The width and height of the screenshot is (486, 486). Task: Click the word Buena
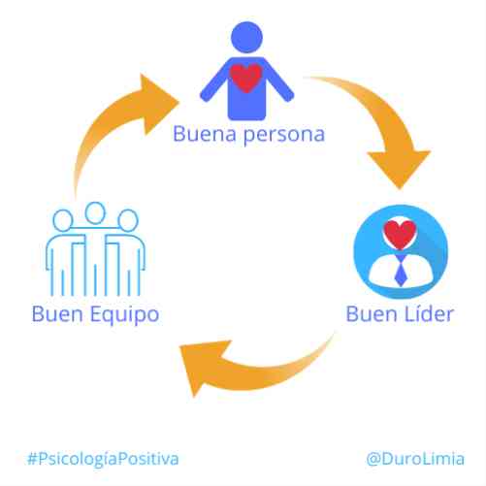pos(205,134)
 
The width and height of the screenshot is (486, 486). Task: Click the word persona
pos(284,136)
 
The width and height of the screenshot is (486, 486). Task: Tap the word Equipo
pos(125,314)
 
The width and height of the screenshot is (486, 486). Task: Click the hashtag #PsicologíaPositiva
pos(103,459)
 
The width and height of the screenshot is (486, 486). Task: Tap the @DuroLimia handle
pos(415,459)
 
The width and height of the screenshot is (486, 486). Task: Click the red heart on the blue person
pos(245,78)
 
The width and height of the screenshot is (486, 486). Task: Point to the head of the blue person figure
pos(246,37)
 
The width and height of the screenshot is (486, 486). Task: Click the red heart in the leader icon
pos(400,235)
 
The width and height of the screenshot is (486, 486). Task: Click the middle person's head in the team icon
pos(95,213)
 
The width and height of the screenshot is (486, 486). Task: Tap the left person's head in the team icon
pos(63,220)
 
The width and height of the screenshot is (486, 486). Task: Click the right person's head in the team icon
pos(128,220)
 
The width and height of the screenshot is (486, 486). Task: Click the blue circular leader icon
pos(401,251)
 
